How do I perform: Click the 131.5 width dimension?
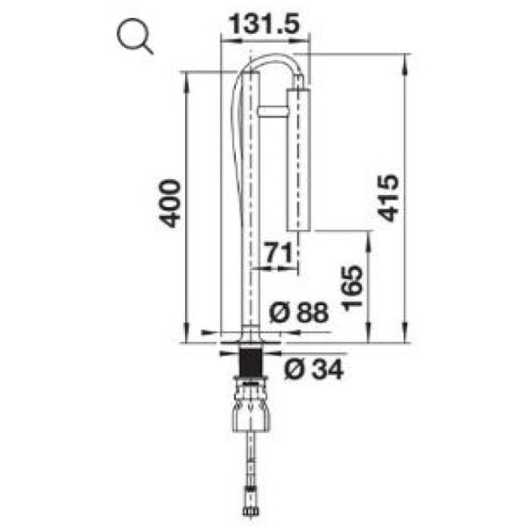(265, 24)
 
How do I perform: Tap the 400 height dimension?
(169, 203)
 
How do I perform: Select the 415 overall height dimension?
(388, 198)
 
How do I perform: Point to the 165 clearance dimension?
(352, 287)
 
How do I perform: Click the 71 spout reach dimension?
(278, 253)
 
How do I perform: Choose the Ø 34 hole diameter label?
(314, 369)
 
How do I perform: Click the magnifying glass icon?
(134, 36)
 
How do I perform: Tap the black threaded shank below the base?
(250, 362)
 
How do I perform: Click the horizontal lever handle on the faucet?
(273, 112)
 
